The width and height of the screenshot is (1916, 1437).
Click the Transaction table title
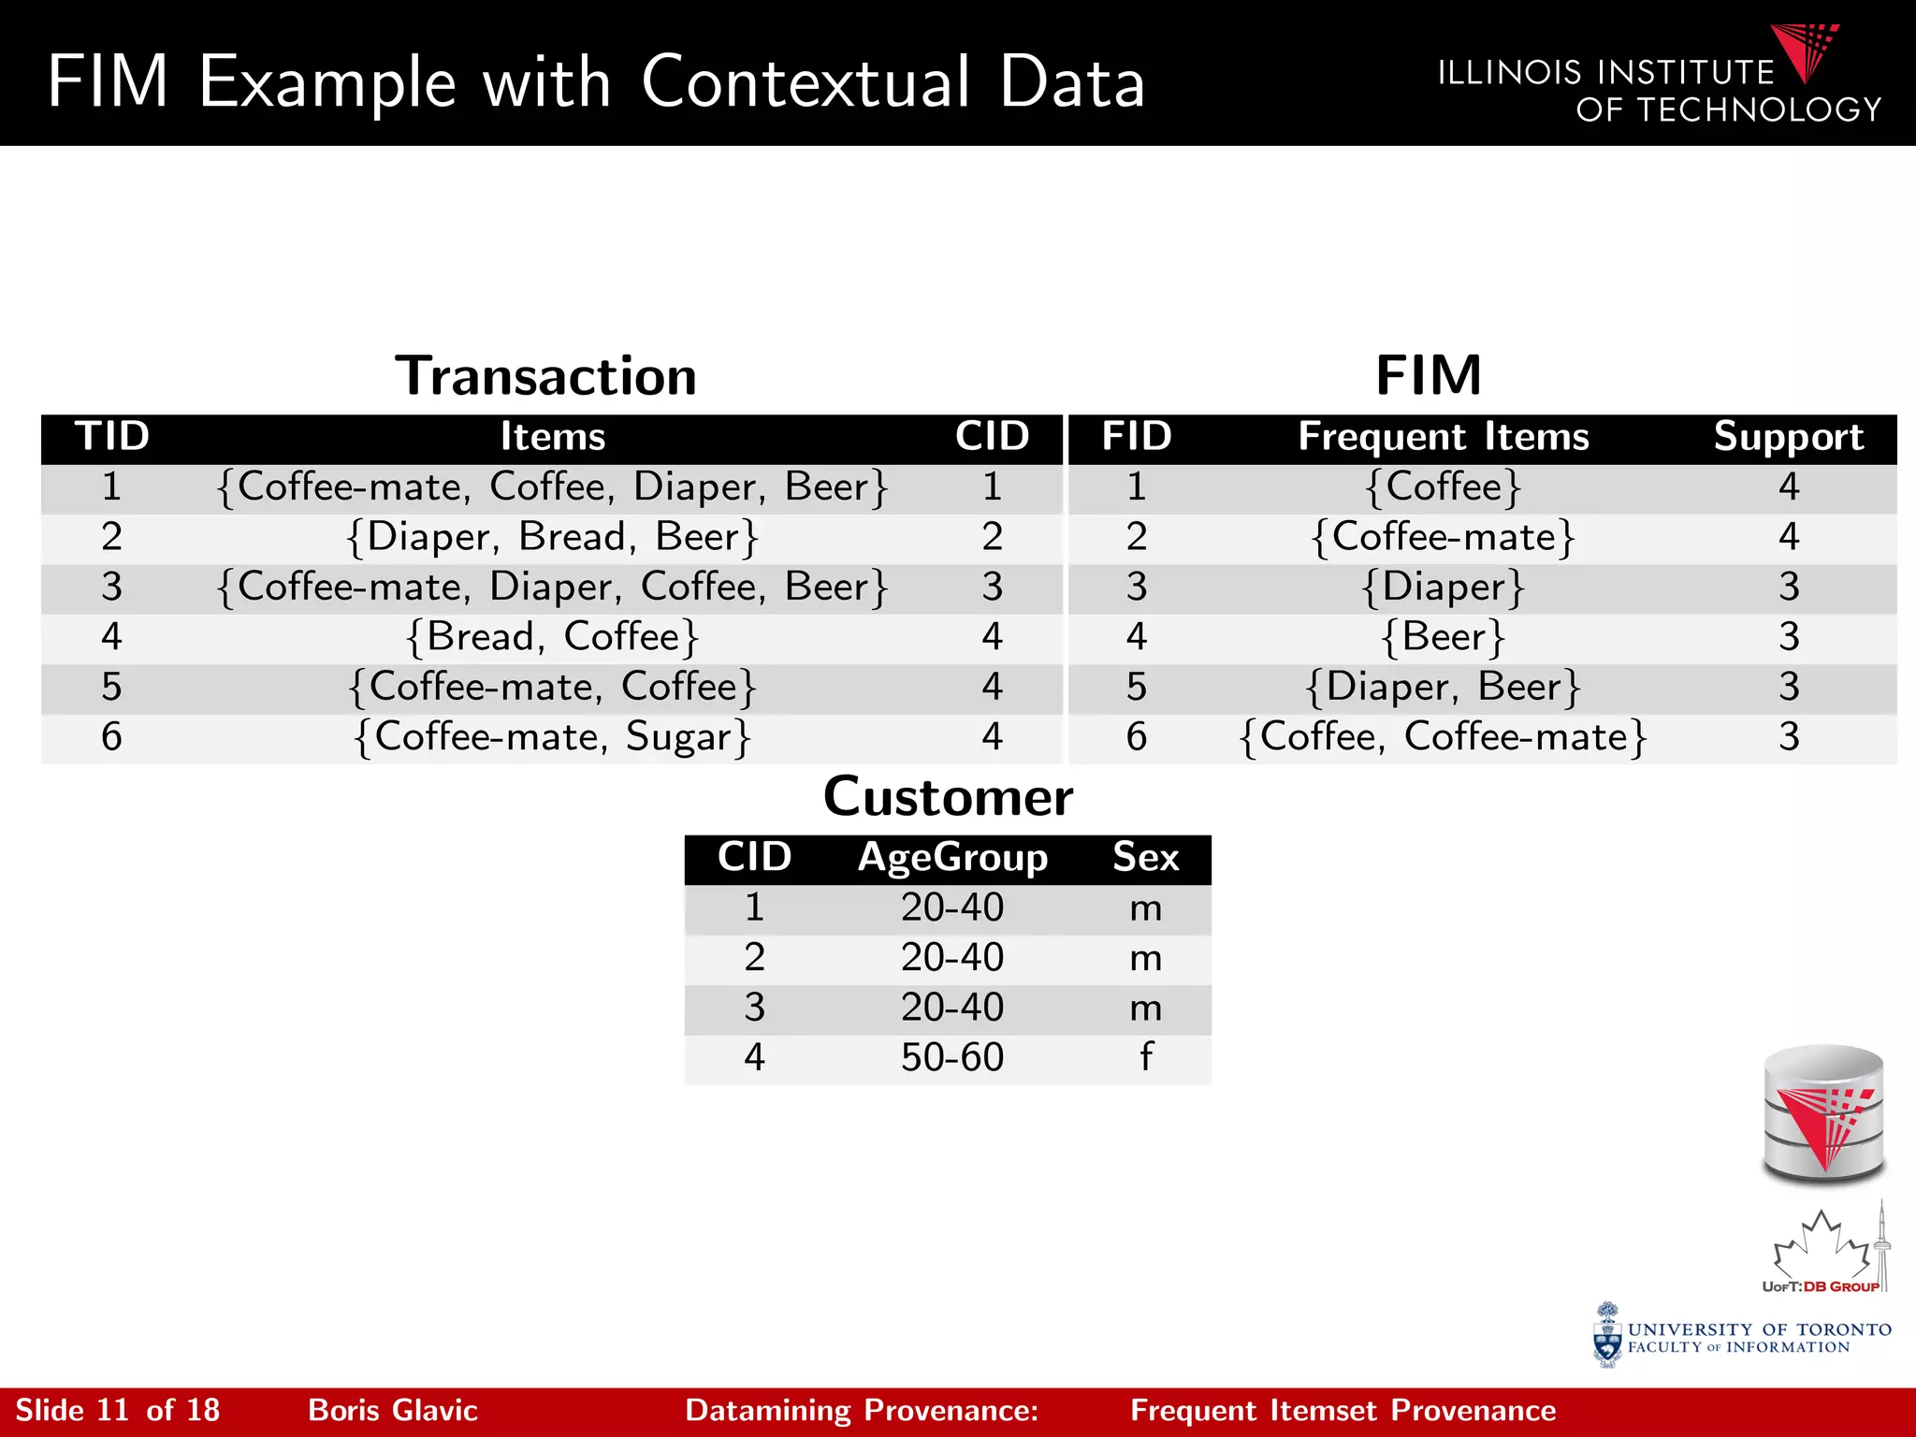point(545,376)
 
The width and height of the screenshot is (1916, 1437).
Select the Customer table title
point(948,797)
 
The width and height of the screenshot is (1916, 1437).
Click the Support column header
point(1788,437)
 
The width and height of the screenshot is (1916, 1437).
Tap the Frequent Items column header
point(1444,437)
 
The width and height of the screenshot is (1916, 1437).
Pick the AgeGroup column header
point(952,858)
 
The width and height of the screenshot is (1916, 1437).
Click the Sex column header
point(1145,858)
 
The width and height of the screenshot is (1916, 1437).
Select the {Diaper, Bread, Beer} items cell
point(552,537)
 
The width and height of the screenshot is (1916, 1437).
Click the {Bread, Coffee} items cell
point(552,637)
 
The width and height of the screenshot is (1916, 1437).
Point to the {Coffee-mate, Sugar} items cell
point(552,737)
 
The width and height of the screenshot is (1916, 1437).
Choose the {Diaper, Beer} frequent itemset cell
point(1444,688)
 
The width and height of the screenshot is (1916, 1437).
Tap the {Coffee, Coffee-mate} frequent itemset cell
point(1444,737)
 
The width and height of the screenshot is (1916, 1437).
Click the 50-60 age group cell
point(952,1057)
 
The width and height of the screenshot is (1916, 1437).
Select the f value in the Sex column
point(1146,1057)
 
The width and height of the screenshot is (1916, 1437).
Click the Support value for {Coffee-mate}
point(1789,537)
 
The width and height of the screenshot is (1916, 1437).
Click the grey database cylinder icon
point(1823,1113)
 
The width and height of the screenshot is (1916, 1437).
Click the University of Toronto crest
point(1607,1336)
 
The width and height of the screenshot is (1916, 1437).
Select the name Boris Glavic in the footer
point(393,1410)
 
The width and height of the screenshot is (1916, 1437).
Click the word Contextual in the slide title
point(806,82)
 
